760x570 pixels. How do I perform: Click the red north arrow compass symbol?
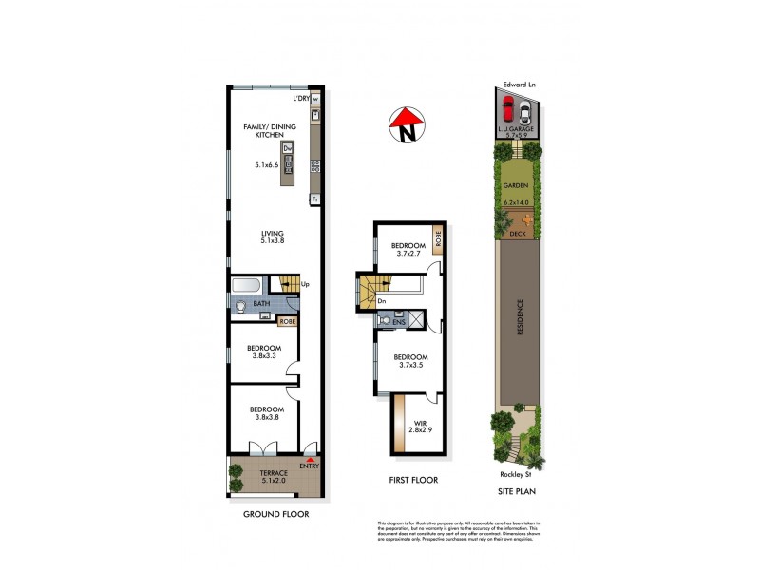[407, 125]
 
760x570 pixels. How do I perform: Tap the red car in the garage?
[507, 105]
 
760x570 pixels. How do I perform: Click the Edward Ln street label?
[519, 85]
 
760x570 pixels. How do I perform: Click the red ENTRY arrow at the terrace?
[309, 459]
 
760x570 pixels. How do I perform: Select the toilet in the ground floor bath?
[241, 306]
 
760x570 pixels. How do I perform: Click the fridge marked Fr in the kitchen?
[313, 199]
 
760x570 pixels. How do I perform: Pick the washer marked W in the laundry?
[315, 99]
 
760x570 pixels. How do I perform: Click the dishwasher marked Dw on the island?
[287, 147]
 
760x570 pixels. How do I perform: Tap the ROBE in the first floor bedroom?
[438, 239]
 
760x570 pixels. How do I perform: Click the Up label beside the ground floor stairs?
[305, 283]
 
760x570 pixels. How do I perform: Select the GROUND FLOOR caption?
[275, 513]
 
